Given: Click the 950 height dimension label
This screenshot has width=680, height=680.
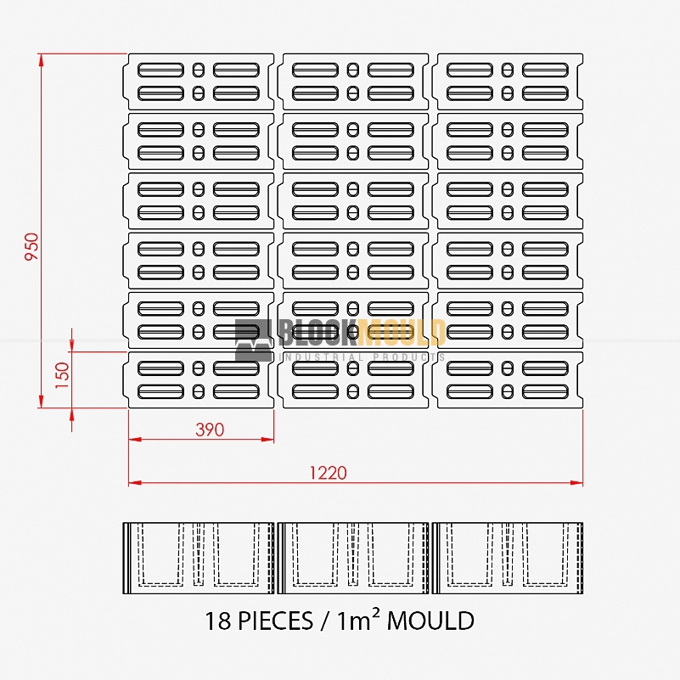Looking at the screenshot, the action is tap(31, 246).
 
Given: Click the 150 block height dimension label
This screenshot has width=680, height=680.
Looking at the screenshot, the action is tap(63, 375).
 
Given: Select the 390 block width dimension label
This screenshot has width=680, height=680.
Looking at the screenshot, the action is tap(210, 430).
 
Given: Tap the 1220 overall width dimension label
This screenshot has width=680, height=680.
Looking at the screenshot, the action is tap(328, 472).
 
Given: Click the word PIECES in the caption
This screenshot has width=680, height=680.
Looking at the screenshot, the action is tap(275, 621).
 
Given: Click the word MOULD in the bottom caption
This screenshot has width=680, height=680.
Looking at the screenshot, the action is tap(430, 621).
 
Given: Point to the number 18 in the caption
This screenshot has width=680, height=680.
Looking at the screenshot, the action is tap(218, 621).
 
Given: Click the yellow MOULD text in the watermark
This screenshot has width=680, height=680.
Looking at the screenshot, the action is tap(402, 333).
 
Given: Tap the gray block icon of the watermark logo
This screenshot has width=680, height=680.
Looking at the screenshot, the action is tap(254, 340).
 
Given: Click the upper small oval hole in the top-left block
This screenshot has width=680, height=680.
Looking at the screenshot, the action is tap(198, 70).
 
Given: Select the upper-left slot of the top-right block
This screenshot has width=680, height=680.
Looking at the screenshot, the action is tap(469, 70).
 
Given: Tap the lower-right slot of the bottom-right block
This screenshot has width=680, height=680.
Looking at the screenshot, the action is tap(545, 391).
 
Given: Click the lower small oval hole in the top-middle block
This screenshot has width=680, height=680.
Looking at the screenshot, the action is tap(353, 93).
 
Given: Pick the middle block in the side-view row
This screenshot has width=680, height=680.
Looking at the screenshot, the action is tap(353, 558).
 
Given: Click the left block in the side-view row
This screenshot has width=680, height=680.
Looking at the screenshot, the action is tap(199, 558).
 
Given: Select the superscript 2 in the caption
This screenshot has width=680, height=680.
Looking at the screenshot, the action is tap(375, 612).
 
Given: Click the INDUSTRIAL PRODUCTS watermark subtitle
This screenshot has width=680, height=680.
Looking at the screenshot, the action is tap(363, 357).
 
